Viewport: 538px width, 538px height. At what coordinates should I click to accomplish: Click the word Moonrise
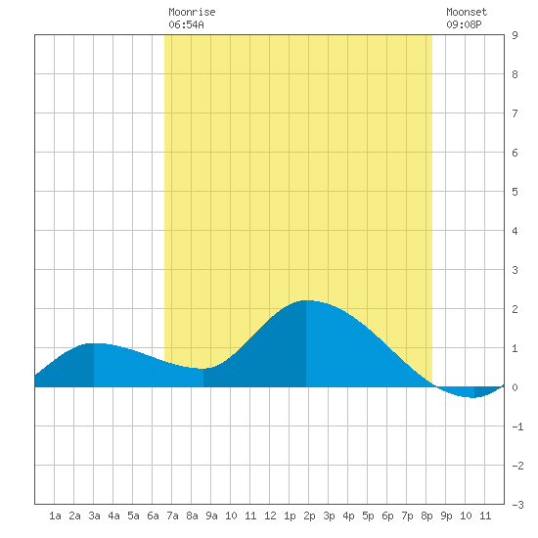point(192,12)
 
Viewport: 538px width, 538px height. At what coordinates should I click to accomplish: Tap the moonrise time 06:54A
point(186,24)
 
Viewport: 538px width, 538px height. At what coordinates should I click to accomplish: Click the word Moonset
point(467,12)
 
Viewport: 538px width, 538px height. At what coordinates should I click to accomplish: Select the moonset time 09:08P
point(464,24)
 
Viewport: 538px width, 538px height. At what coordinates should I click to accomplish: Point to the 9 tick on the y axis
point(515,35)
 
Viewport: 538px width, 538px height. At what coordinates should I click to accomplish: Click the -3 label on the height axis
point(517,505)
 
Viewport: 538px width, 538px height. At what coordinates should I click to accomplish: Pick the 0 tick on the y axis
point(515,387)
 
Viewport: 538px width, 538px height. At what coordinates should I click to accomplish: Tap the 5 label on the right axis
point(515,192)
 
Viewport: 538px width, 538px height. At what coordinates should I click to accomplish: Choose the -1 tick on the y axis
point(517,426)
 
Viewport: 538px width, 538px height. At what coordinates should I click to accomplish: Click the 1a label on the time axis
point(55,516)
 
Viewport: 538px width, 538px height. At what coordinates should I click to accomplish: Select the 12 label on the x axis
point(270,516)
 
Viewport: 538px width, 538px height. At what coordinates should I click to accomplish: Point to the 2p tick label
point(309,516)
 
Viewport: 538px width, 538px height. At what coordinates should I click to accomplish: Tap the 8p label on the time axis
point(426,516)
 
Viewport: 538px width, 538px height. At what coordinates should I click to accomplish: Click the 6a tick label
point(153,516)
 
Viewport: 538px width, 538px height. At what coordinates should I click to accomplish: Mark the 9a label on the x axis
point(211,516)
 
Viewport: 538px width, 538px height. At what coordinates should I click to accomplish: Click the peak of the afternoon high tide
point(306,300)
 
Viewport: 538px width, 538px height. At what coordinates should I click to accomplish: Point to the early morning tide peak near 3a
point(94,343)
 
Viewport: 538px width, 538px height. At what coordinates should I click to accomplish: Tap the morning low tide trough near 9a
point(203,369)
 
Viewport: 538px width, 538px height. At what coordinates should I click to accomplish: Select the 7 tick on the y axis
point(515,113)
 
